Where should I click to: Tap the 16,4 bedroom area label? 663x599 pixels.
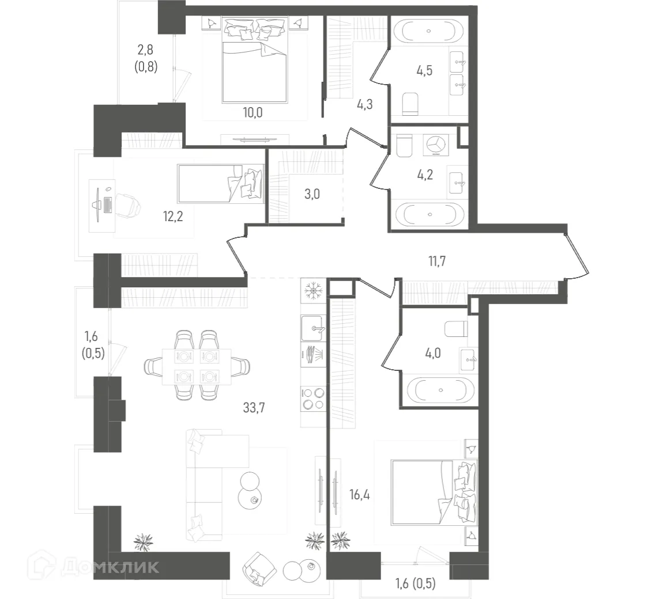(359, 494)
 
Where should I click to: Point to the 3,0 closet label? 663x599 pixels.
(311, 194)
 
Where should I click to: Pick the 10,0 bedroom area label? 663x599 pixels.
(252, 112)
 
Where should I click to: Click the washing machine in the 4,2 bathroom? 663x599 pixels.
(437, 145)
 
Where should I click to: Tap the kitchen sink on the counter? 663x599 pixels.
(314, 328)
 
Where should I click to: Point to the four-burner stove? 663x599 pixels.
(314, 397)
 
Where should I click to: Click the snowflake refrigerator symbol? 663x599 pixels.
(314, 289)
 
